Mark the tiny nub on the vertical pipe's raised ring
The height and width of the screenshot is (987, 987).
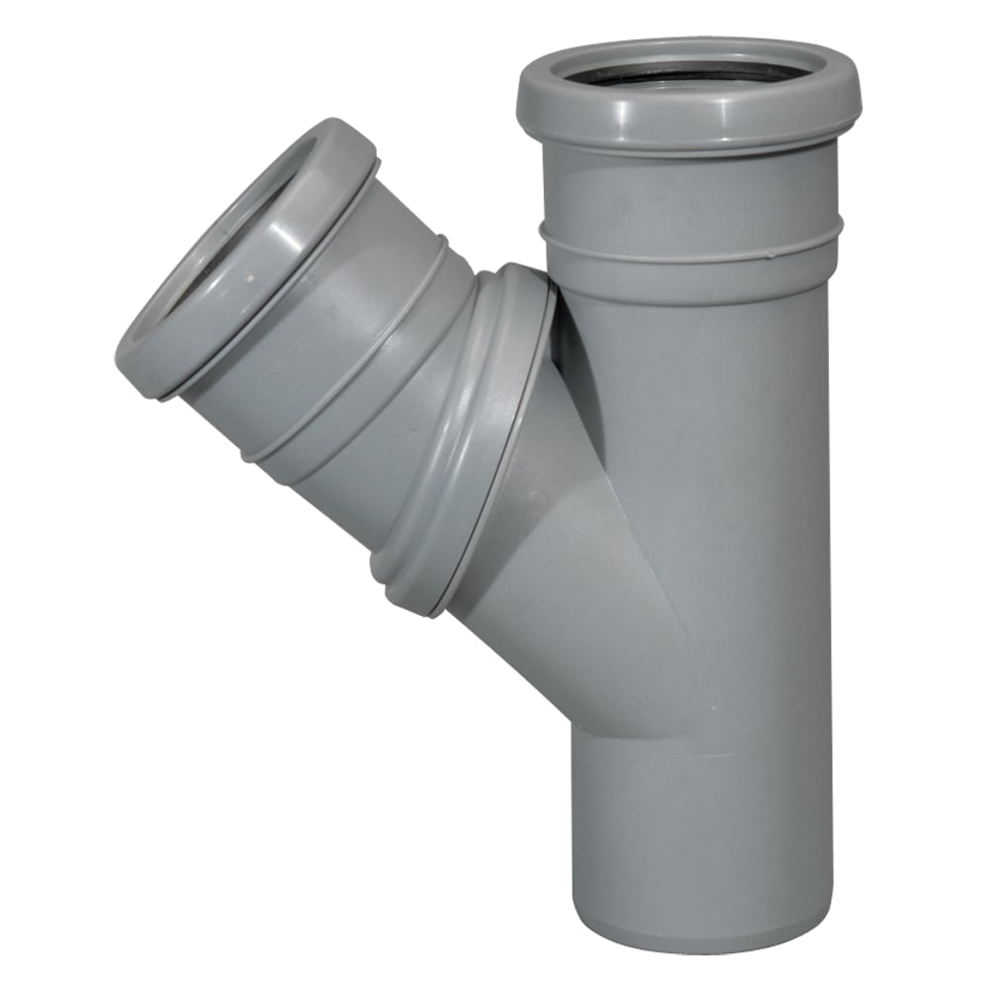(542, 231)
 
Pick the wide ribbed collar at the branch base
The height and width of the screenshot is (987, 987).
(464, 434)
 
